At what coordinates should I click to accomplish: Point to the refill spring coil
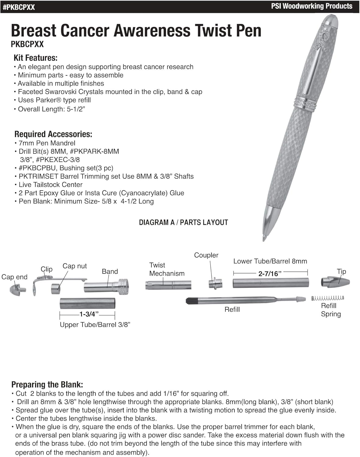[327, 298]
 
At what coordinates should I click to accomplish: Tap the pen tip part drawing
[335, 282]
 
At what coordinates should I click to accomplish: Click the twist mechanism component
[168, 285]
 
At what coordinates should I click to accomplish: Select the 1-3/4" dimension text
[89, 314]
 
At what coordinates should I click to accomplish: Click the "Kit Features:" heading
[35, 58]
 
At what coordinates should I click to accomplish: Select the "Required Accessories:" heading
[53, 134]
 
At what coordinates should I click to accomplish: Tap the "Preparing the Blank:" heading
[47, 384]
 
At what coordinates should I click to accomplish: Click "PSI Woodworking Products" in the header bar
[312, 6]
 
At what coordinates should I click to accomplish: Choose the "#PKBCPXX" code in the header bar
[19, 7]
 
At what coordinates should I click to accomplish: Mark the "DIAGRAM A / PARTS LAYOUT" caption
[183, 222]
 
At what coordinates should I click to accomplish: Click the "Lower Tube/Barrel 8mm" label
[270, 261]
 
